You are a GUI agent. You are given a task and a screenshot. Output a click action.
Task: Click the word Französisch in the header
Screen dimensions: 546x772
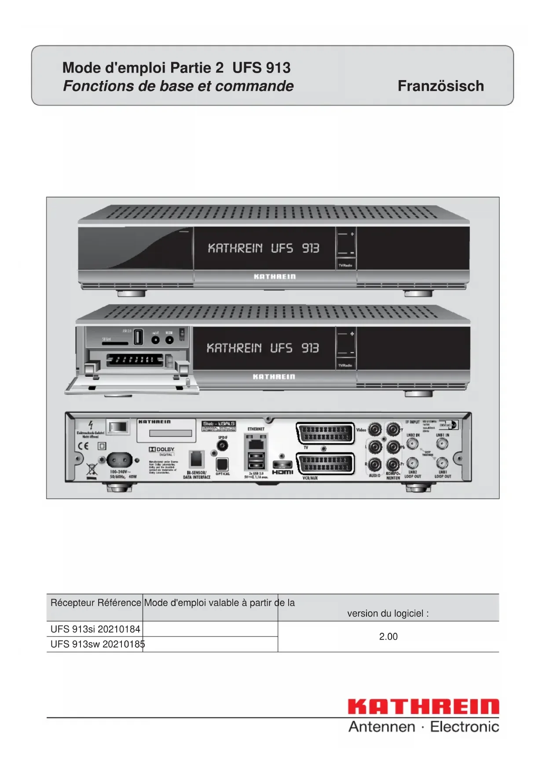(x=440, y=86)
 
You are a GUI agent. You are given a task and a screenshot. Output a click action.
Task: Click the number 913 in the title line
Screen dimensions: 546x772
(x=278, y=68)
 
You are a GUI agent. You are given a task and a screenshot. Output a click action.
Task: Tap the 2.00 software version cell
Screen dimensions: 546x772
(x=388, y=636)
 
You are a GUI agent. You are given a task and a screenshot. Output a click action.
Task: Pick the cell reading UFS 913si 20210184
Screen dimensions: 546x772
(x=95, y=629)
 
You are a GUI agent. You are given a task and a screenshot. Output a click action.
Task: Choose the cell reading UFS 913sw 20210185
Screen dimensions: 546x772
(x=97, y=644)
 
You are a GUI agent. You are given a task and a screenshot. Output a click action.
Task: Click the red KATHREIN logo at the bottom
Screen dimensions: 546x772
(x=423, y=706)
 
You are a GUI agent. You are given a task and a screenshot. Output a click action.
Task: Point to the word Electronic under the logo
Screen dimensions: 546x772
(x=464, y=727)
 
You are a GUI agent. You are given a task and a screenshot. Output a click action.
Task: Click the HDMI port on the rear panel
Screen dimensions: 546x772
(x=282, y=465)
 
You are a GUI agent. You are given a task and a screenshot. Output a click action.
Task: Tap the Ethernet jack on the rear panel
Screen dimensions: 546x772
(x=256, y=440)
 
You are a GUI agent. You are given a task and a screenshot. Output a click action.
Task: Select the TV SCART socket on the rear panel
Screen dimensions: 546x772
(x=325, y=434)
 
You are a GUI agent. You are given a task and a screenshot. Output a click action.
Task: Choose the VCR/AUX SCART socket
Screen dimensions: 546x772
(x=325, y=464)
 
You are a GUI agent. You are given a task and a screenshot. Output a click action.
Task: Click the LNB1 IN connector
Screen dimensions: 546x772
(x=442, y=444)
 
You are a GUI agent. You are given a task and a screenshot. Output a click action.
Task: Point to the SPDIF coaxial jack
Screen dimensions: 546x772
(x=223, y=446)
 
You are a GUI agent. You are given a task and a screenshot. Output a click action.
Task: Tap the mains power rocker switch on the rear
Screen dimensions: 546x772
(x=118, y=426)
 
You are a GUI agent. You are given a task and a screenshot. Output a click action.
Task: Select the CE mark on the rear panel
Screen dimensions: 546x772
(x=83, y=446)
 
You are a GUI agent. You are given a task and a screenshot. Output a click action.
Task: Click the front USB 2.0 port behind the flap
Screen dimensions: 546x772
(x=138, y=338)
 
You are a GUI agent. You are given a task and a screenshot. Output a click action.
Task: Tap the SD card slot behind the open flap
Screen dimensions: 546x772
(x=115, y=343)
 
